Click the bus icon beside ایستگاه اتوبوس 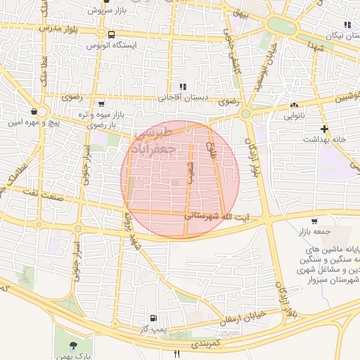click(x=111, y=34)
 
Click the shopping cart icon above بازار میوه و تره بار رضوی click(x=102, y=104)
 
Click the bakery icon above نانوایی click(x=293, y=106)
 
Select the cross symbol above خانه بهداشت click(x=323, y=129)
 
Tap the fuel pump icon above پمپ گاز click(x=154, y=319)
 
